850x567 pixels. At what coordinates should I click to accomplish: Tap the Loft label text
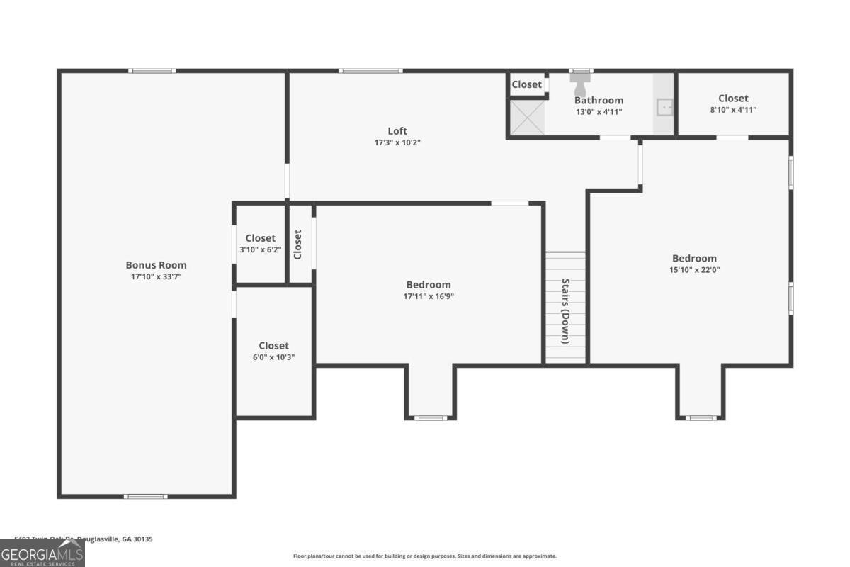[397, 131]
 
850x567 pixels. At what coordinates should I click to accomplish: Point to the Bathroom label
[599, 101]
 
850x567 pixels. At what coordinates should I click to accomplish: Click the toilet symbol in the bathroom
[580, 86]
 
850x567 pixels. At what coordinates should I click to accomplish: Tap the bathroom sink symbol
[664, 108]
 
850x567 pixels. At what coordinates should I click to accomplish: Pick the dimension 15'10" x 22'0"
[694, 269]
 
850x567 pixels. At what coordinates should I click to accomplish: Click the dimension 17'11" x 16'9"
[429, 296]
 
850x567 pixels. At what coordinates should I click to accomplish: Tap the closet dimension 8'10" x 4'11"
[733, 110]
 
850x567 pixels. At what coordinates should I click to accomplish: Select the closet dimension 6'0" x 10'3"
[273, 357]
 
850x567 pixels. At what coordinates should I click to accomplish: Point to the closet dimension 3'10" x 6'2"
[260, 249]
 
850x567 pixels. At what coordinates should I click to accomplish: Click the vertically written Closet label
[298, 244]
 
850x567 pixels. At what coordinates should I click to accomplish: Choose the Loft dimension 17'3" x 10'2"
[397, 142]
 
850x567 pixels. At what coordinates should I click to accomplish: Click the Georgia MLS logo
[42, 554]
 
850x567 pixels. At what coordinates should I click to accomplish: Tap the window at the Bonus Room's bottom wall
[146, 496]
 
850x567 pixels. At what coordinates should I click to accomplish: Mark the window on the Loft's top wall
[370, 70]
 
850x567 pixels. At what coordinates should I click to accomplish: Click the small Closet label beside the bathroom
[527, 84]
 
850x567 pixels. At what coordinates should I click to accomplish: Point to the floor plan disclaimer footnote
[425, 556]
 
